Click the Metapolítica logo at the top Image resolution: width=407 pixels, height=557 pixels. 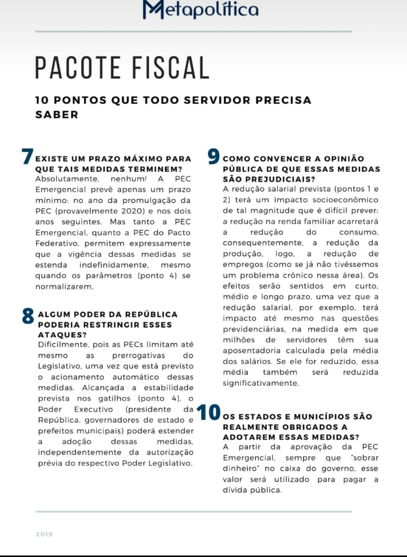201,10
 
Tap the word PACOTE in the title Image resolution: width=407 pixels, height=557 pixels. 77,68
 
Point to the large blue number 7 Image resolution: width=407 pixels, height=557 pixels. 27,157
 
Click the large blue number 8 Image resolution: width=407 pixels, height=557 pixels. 28,316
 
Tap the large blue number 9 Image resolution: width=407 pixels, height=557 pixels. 213,157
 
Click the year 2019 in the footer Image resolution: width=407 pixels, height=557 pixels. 44,534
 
